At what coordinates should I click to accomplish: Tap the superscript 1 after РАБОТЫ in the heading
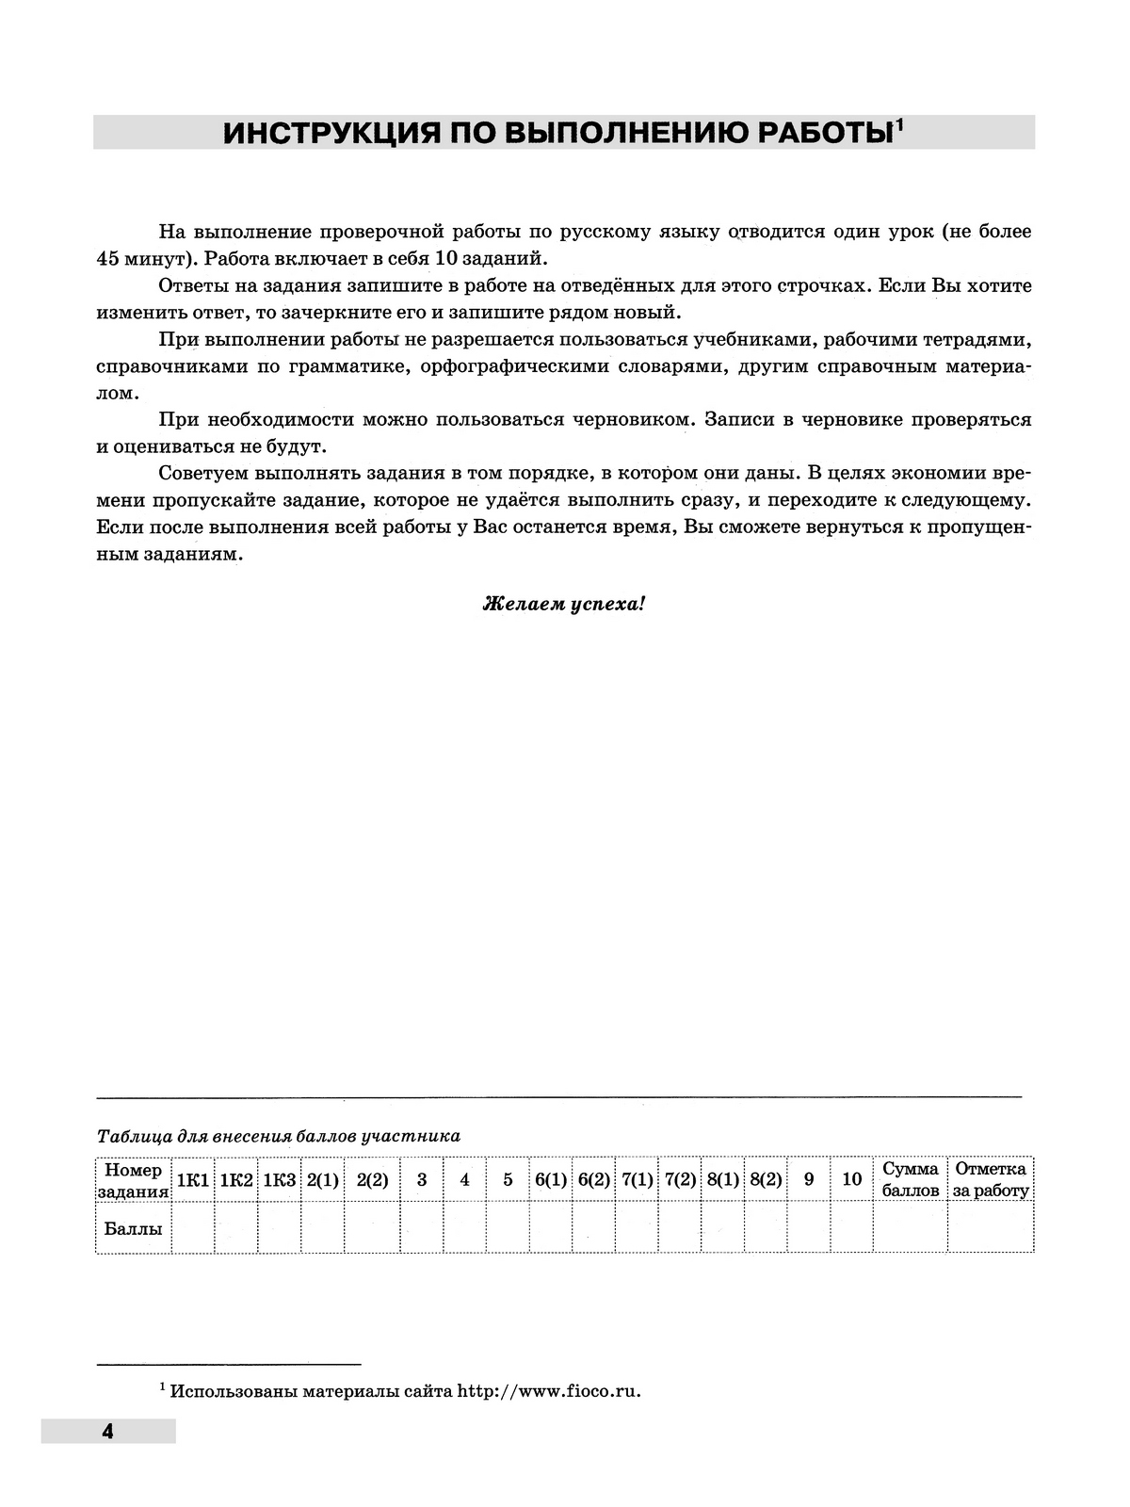click(x=899, y=123)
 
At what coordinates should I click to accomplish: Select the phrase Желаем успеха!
click(x=564, y=604)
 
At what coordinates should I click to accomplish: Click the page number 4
click(x=107, y=1432)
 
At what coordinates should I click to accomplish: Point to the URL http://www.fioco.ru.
click(x=548, y=1391)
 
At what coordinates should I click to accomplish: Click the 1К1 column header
click(x=192, y=1179)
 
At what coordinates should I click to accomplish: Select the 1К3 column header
click(x=279, y=1179)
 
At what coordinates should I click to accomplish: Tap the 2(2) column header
click(x=372, y=1179)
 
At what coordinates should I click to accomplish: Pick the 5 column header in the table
click(x=508, y=1179)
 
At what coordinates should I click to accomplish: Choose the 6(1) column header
click(x=551, y=1179)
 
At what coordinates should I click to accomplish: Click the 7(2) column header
click(x=680, y=1179)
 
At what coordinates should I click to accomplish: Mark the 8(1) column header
click(x=723, y=1179)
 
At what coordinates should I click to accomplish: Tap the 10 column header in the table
click(x=851, y=1179)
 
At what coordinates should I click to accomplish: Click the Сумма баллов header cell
click(x=911, y=1179)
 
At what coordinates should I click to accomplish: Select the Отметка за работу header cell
click(x=991, y=1179)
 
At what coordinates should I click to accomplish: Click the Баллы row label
click(x=133, y=1228)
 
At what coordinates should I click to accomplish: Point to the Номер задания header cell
click(x=133, y=1179)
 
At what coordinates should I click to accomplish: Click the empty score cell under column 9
click(x=809, y=1228)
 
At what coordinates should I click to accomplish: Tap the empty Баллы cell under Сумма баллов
click(x=911, y=1228)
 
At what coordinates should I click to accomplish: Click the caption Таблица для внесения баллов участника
click(x=279, y=1136)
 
